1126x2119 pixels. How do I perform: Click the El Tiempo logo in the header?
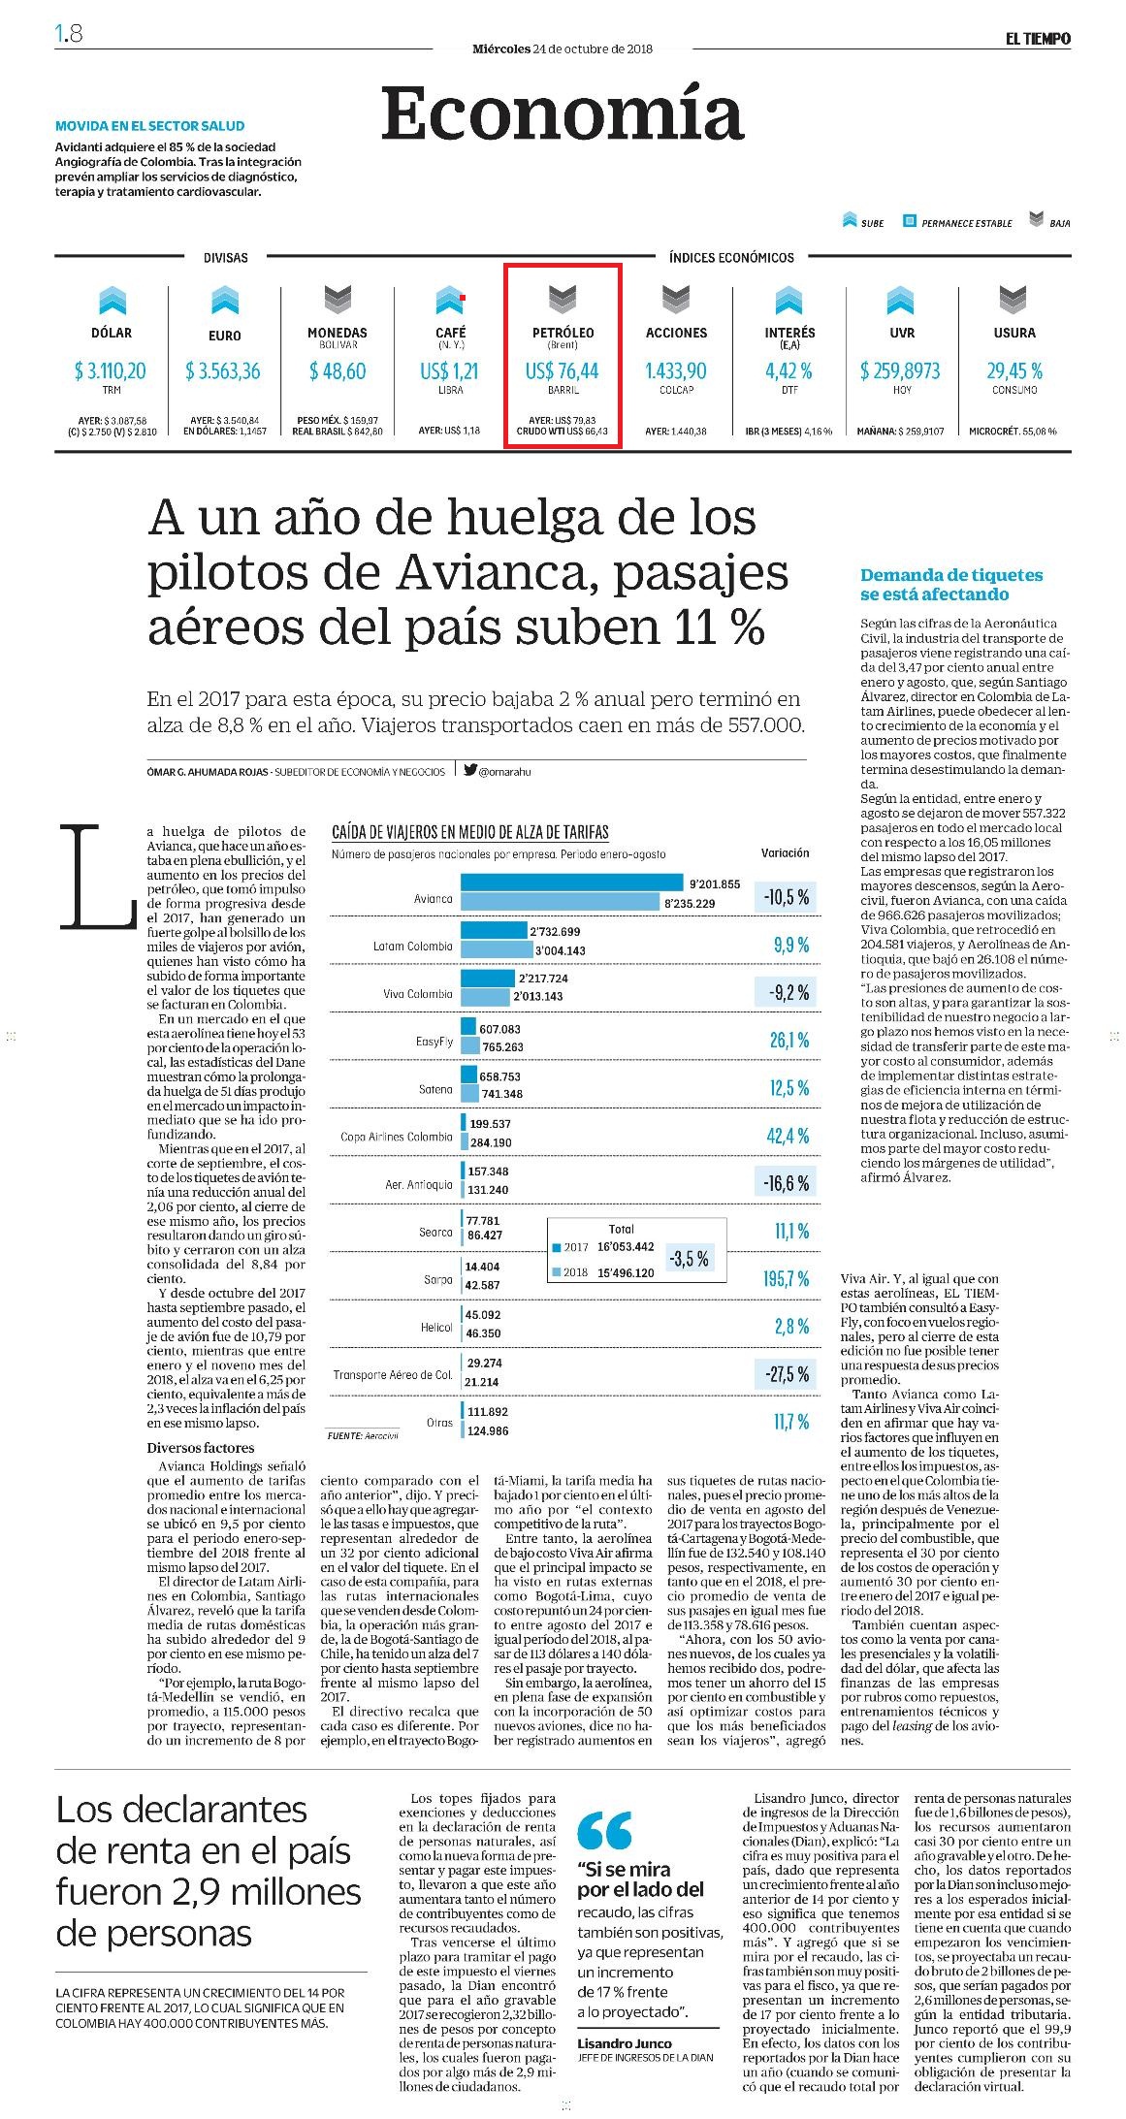(1037, 39)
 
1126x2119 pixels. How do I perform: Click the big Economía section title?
(563, 112)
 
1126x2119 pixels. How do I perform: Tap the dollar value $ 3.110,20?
(111, 370)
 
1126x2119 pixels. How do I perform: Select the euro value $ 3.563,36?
(223, 370)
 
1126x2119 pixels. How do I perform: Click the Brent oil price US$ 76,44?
(563, 370)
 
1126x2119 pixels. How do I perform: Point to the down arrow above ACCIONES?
(676, 300)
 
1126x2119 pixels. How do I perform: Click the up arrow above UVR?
(900, 300)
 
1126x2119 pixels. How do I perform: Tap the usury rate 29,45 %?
(1014, 370)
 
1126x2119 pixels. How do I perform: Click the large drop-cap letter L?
(98, 875)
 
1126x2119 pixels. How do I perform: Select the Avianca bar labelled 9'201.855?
(571, 883)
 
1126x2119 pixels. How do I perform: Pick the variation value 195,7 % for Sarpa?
(786, 1279)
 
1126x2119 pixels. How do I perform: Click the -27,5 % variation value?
(786, 1374)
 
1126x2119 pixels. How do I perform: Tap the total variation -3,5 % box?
(689, 1259)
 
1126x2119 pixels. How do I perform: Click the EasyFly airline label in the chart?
(434, 1042)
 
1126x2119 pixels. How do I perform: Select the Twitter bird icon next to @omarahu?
(469, 770)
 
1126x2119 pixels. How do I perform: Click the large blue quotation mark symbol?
(604, 1829)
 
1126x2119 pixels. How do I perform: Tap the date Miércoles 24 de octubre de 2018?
(563, 48)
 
